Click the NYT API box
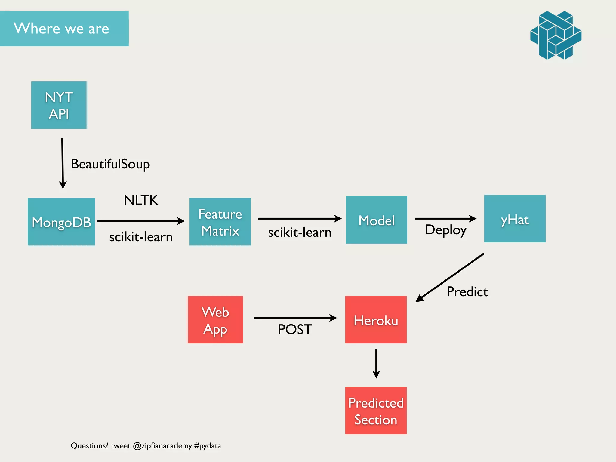59,105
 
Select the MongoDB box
61,222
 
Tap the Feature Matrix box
220,222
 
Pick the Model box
376,220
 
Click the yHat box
515,219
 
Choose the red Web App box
215,320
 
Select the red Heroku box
376,320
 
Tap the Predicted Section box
376,411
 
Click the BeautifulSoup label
110,164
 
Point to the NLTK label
141,200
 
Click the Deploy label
445,230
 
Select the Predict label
467,292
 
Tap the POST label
295,329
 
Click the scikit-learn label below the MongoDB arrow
141,237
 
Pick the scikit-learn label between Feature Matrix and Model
300,233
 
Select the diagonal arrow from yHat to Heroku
450,277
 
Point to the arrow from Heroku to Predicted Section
376,363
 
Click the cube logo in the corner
556,35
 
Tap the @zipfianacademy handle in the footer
162,446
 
